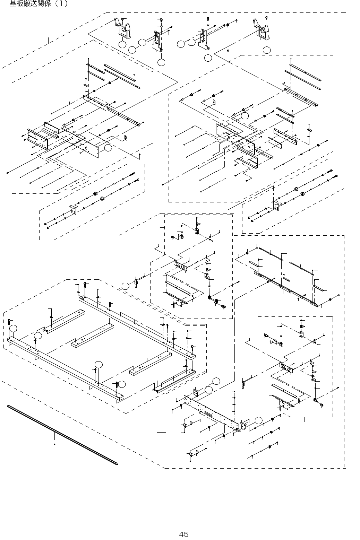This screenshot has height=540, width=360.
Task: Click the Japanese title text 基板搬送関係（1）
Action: point(38,4)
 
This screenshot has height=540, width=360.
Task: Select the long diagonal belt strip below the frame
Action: point(62,435)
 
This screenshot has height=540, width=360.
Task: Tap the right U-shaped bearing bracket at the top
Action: point(263,29)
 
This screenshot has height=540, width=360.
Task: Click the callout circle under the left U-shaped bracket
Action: point(122,45)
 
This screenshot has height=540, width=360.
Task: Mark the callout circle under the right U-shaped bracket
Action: point(266,50)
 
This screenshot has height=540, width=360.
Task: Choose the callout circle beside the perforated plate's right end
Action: point(258,420)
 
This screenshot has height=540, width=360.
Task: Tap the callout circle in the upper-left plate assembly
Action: point(108,148)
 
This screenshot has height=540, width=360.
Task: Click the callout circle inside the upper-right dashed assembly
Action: point(245,116)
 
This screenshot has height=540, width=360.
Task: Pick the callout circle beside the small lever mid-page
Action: point(125,286)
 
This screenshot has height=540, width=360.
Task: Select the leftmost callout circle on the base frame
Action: point(13,328)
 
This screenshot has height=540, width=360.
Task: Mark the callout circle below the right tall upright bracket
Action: point(208,58)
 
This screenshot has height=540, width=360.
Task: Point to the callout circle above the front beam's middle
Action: point(98,364)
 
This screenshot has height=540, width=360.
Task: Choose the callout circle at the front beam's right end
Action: point(122,384)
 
